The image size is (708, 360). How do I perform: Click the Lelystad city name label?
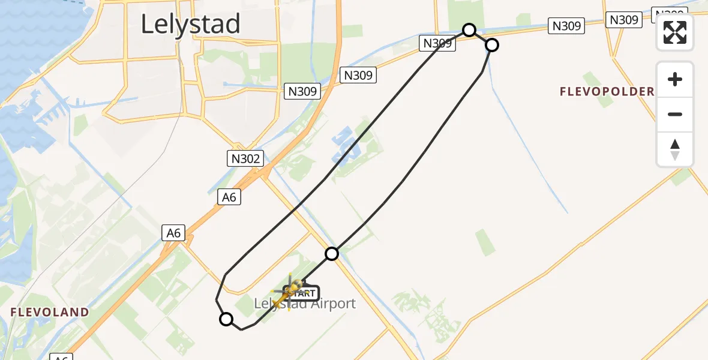pyautogui.click(x=190, y=24)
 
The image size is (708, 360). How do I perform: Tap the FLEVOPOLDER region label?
pyautogui.click(x=607, y=92)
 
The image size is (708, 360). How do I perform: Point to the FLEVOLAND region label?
pyautogui.click(x=50, y=312)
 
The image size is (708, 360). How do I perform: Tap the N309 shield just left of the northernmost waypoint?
pyautogui.click(x=437, y=43)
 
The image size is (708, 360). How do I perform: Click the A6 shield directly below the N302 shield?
pyautogui.click(x=229, y=197)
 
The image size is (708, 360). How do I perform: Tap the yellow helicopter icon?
pyautogui.click(x=290, y=292)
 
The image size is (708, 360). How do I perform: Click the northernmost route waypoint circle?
pyautogui.click(x=469, y=30)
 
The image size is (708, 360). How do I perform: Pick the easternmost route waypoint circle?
pyautogui.click(x=491, y=45)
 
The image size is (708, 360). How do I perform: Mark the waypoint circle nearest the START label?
pyautogui.click(x=332, y=254)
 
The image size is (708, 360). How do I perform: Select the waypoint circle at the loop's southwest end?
pyautogui.click(x=226, y=319)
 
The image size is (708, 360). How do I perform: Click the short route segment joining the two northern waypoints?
pyautogui.click(x=480, y=37)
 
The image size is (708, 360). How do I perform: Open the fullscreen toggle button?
pyautogui.click(x=675, y=32)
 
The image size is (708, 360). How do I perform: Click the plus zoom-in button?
pyautogui.click(x=675, y=79)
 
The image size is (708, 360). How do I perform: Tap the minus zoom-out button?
pyautogui.click(x=675, y=114)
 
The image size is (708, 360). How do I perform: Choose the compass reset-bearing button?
pyautogui.click(x=675, y=149)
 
